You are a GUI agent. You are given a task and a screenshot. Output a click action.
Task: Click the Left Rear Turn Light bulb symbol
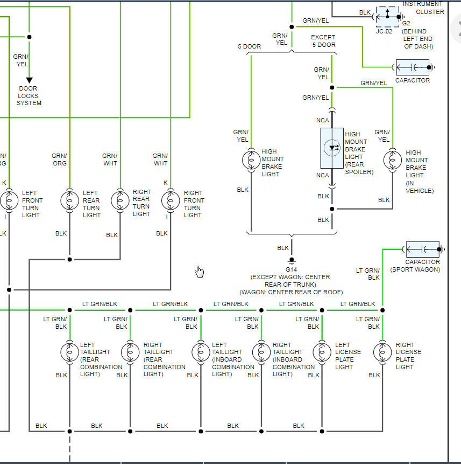69,200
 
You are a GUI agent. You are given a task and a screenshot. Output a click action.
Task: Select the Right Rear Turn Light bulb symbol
120,200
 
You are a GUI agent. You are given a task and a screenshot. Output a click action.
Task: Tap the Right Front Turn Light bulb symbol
171,200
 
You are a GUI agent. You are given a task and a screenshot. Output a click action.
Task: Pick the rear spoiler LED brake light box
332,148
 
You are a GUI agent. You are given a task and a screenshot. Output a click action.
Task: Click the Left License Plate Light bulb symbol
322,352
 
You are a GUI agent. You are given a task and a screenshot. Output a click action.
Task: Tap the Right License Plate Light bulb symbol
382,352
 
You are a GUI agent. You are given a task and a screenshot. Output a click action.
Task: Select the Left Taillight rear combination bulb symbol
69,352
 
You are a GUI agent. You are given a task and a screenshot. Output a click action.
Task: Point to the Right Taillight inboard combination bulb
261,352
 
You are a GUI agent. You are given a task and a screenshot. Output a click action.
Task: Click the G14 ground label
291,269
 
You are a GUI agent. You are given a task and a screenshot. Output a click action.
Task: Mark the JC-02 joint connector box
387,17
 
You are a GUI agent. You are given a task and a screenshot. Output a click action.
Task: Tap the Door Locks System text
29,95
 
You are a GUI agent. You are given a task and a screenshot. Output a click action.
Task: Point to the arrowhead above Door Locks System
29,80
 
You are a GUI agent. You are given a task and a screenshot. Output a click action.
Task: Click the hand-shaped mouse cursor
200,271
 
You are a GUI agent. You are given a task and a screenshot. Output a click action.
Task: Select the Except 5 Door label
323,41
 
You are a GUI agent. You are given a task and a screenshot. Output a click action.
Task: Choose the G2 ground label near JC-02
407,24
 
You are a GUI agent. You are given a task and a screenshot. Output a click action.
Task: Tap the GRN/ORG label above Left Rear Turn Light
59,160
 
